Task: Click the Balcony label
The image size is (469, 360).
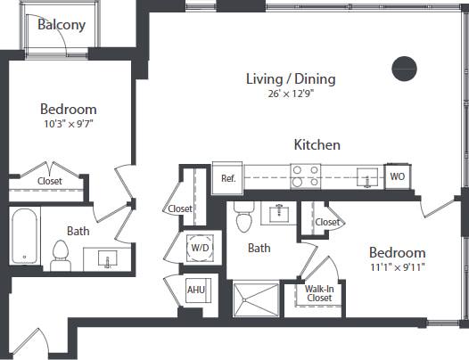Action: (62, 25)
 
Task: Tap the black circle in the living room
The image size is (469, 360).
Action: (405, 67)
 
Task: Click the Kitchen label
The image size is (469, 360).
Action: (317, 144)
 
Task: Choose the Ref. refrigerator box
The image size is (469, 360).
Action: (227, 177)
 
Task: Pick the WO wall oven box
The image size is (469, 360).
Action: (398, 176)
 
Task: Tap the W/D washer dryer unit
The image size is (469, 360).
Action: (198, 246)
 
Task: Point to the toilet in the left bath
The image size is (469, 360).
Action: (61, 257)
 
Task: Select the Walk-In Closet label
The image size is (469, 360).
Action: (319, 293)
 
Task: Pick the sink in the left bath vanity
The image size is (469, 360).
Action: (107, 260)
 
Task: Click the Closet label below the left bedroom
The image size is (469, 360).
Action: (50, 181)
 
